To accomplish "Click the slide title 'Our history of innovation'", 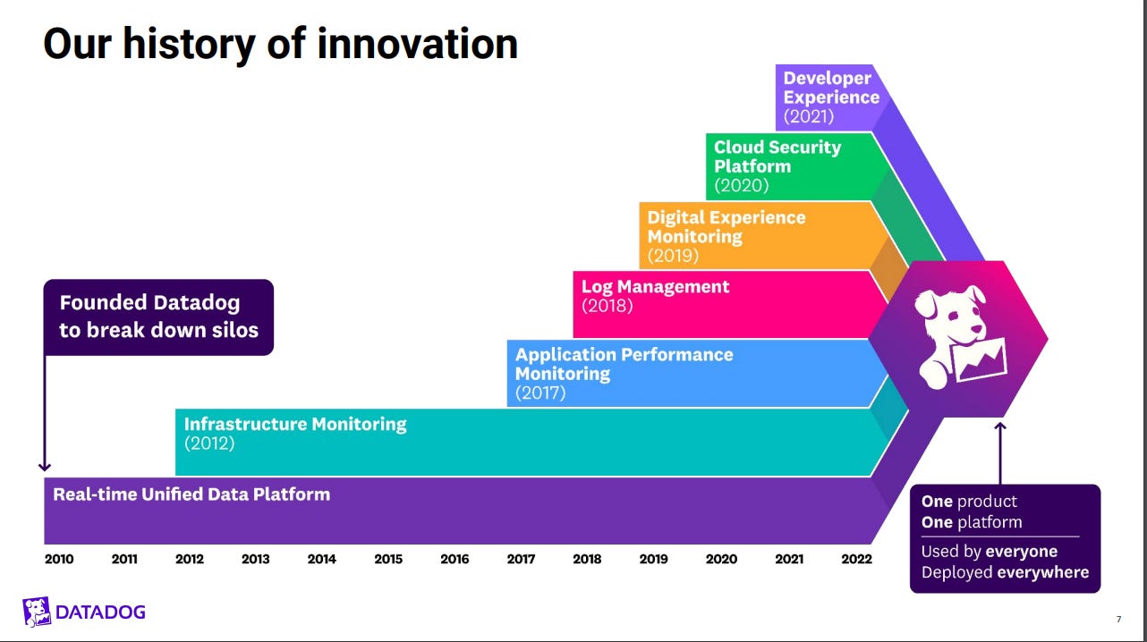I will (x=280, y=44).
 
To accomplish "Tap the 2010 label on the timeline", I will (x=59, y=560).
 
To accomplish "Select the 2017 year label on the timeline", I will (x=521, y=560).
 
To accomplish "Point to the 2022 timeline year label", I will (x=855, y=560).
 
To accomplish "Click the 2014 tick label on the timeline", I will (x=322, y=560).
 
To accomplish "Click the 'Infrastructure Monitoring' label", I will (x=295, y=424).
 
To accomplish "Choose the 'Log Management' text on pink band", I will (x=655, y=287).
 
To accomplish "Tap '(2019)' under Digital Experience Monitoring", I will (x=673, y=256).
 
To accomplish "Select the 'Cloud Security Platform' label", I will (x=777, y=156).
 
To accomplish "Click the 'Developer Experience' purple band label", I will (x=831, y=88).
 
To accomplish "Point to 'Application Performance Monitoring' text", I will (x=624, y=364).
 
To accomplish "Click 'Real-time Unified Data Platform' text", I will (x=191, y=494).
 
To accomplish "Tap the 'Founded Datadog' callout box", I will (x=158, y=317).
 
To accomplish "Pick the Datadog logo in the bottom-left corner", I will (x=83, y=612).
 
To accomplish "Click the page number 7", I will (x=1118, y=619).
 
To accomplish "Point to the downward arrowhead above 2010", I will (x=45, y=466).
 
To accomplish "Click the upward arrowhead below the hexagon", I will (x=1000, y=426).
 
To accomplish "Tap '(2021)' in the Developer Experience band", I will (x=808, y=116).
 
